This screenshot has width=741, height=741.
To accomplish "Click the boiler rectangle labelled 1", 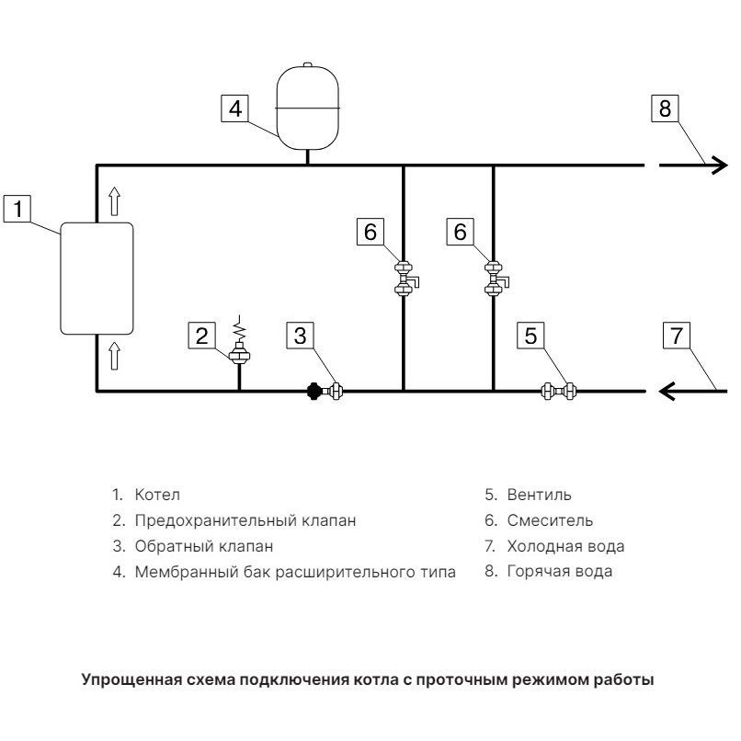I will pos(97,277).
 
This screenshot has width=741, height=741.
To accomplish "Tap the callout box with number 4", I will pos(234,108).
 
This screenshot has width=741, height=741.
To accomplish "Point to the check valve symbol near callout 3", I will pos(325,391).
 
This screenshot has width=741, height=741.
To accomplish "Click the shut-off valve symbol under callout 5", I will pos(558,392).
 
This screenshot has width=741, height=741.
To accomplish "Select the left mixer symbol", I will pos(405,279).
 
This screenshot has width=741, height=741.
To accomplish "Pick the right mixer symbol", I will pos(495,279).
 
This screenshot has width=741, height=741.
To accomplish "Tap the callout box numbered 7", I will pos(677,336).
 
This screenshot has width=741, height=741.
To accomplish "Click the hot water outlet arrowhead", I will pos(718,165).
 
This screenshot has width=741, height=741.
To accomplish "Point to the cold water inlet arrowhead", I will pos(667,392).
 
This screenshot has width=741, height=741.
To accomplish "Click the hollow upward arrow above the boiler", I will pos(114,199).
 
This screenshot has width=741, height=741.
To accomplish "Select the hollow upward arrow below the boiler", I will pos(114,354).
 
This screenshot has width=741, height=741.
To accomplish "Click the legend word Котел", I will pos(158,495).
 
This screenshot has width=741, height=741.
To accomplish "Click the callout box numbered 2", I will pos(202,336).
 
